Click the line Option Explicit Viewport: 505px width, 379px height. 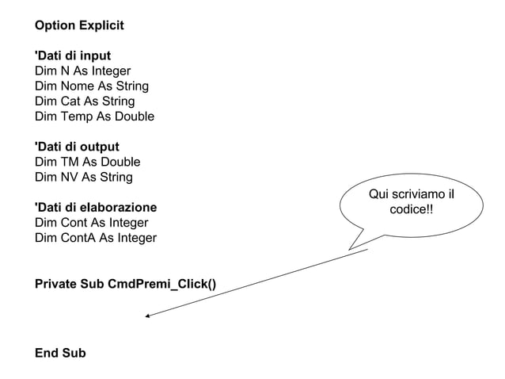point(79,25)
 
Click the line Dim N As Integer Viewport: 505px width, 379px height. point(82,71)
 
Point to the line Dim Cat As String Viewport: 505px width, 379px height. point(85,101)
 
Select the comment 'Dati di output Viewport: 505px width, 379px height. point(77,147)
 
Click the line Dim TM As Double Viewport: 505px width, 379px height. point(87,162)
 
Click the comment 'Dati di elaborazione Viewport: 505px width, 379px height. point(96,207)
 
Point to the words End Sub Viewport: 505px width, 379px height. point(60,353)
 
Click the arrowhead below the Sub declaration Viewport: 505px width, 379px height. point(147,316)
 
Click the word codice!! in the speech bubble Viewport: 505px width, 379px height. point(412,209)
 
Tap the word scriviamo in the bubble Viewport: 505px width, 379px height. point(417,194)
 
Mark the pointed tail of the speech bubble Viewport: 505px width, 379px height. point(352,247)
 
